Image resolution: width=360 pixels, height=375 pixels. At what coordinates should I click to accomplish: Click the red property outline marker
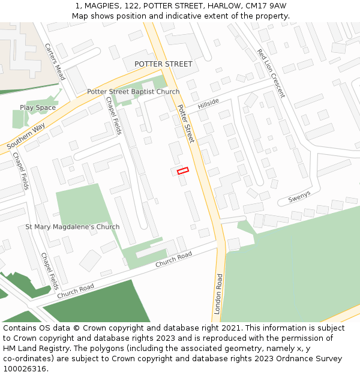[183, 171]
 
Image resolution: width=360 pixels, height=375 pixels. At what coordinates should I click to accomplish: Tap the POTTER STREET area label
[163, 64]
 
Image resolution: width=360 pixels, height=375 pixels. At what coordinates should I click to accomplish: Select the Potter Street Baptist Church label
[133, 92]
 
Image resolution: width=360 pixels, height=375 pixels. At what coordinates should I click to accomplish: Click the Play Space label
[37, 108]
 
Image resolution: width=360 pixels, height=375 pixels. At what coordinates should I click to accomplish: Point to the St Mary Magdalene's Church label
[72, 227]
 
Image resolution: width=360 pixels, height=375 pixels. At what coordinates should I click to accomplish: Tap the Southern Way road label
[26, 137]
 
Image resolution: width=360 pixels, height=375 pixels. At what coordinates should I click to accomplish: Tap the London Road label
[218, 294]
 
